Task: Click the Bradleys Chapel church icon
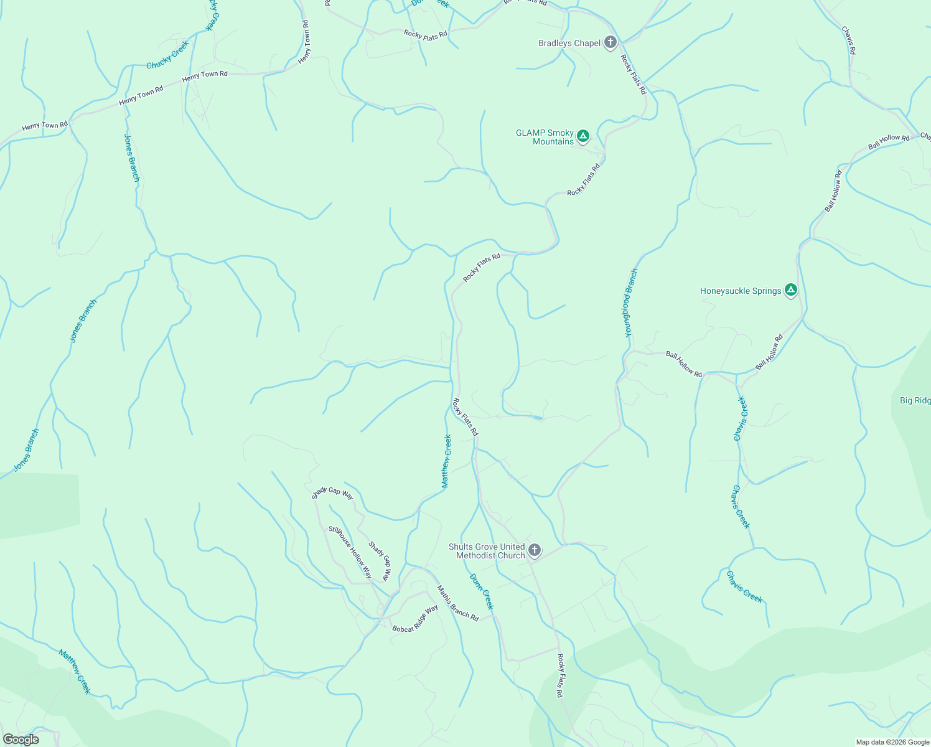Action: [611, 42]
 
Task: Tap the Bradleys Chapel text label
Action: [569, 43]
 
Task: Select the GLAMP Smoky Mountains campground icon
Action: [582, 136]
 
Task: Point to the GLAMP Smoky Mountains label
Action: [545, 137]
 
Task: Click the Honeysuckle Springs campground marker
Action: [790, 289]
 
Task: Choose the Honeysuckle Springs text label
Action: [740, 291]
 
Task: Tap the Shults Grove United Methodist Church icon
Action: [534, 550]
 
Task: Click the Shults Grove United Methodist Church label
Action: [487, 551]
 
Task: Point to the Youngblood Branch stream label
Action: [631, 303]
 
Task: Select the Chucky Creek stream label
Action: [167, 55]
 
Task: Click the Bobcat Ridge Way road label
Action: [415, 619]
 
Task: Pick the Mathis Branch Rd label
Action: [457, 603]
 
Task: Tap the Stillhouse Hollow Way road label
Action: [350, 552]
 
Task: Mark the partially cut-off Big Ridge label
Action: [915, 400]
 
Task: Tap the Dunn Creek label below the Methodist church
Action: [482, 591]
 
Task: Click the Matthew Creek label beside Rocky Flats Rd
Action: [446, 461]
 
